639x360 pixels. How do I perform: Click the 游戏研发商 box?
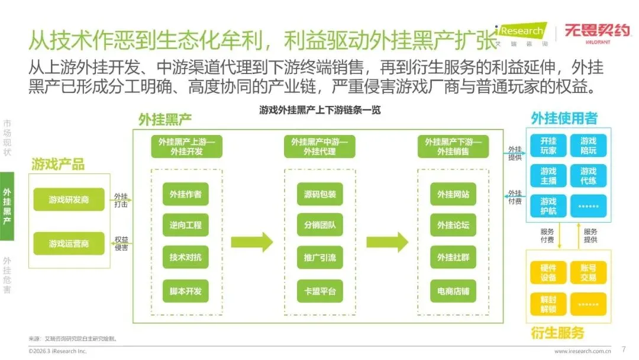(x=69, y=200)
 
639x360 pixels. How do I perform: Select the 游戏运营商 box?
(x=69, y=243)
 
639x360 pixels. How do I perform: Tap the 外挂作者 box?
(x=186, y=194)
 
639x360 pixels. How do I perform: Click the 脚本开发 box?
(x=186, y=291)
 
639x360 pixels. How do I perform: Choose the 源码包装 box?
(x=319, y=194)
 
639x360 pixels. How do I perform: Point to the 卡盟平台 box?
(x=319, y=291)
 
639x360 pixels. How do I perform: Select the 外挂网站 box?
(x=453, y=194)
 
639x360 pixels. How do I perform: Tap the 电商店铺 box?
(x=453, y=291)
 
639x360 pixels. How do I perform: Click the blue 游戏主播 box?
(x=548, y=176)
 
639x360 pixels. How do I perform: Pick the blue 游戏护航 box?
(x=548, y=205)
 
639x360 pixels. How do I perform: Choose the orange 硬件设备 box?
(x=548, y=273)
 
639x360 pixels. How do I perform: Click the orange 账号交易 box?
(x=588, y=273)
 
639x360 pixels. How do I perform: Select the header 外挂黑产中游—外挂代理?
(x=319, y=147)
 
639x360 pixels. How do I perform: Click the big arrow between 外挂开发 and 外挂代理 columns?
(x=252, y=242)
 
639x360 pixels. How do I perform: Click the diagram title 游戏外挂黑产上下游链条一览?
(x=319, y=110)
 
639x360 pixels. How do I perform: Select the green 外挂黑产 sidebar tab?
(x=7, y=207)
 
